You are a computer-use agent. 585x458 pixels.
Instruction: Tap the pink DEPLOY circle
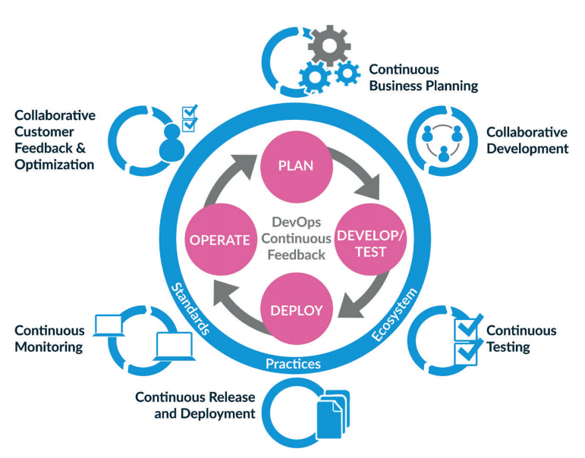(x=296, y=310)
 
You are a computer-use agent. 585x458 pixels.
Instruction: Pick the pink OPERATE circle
(x=220, y=240)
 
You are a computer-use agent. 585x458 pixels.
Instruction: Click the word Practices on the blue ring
(x=293, y=365)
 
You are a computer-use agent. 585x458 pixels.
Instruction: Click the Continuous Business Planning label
(x=423, y=77)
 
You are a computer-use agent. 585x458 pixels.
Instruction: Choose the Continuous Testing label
(x=521, y=339)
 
